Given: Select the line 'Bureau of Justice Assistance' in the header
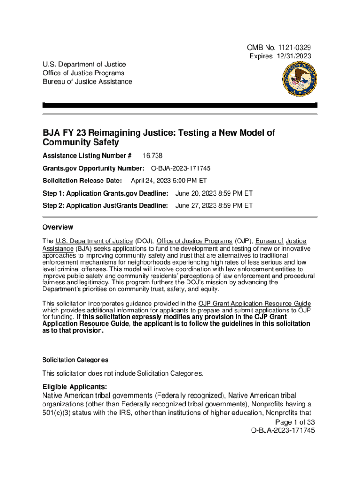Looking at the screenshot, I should (x=87, y=82).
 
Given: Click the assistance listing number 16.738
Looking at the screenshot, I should (x=152, y=156).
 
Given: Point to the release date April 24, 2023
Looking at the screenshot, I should (x=169, y=181).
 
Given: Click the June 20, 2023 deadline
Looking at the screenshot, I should (x=214, y=193).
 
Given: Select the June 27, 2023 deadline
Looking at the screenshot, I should (x=214, y=205).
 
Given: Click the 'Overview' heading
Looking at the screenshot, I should (x=58, y=227).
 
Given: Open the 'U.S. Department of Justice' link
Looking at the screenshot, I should (x=94, y=241).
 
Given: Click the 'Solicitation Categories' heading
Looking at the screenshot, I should (x=75, y=360).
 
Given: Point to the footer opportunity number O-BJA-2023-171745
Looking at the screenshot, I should (x=283, y=430).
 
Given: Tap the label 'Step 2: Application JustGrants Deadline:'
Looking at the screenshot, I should (x=105, y=205).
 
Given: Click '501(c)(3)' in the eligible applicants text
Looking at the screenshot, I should (x=59, y=413).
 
